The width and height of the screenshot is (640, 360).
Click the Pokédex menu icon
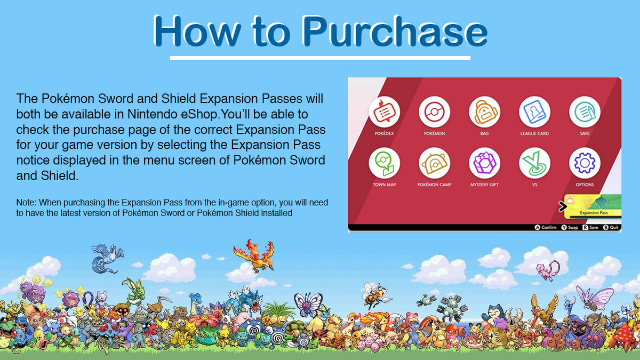pos(385,111)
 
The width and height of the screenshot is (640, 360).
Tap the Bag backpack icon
pos(485,111)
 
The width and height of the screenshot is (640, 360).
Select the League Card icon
pos(534,111)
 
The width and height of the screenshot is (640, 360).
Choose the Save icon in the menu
pos(585,111)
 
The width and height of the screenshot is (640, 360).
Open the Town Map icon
pos(385,163)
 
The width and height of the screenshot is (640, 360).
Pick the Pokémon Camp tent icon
pos(434,163)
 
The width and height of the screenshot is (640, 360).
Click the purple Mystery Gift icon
pos(485,163)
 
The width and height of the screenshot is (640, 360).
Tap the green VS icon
pos(534,163)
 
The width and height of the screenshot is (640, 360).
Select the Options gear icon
pos(585,163)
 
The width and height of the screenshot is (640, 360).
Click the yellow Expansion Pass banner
pos(593,206)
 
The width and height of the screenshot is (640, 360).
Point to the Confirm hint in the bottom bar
pos(546,227)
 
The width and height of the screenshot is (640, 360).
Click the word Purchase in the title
pos(395,31)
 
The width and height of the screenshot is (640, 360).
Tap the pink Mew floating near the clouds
pos(548,270)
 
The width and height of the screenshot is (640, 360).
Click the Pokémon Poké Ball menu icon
pos(434,111)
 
